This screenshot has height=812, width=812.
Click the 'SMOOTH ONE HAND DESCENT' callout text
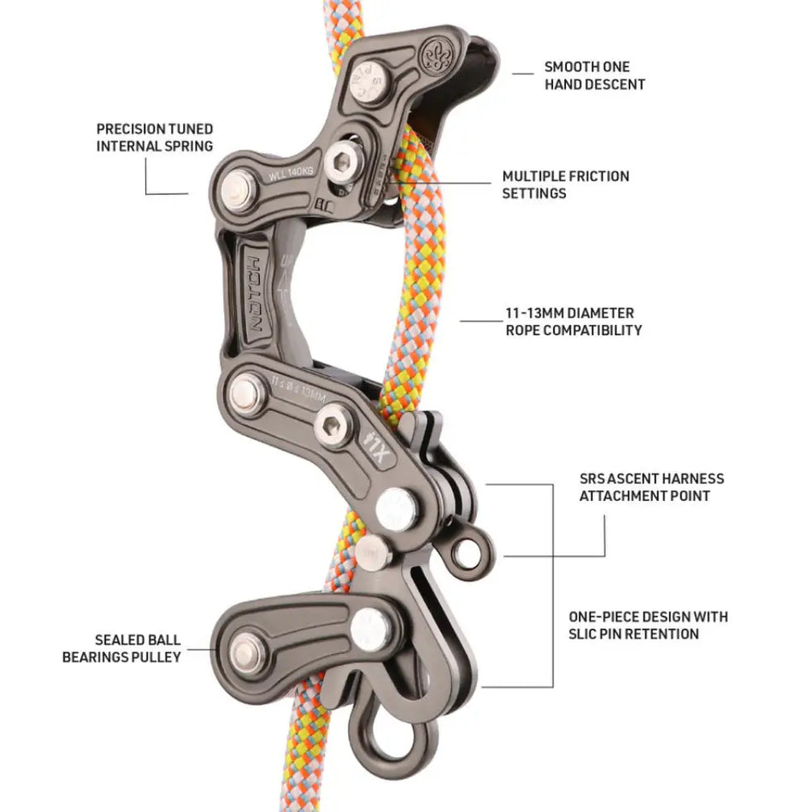(594, 75)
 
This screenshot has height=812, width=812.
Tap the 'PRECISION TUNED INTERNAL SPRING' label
(154, 138)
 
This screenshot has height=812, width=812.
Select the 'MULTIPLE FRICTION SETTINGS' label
(565, 185)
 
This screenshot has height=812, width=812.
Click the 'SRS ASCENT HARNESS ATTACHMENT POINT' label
(651, 487)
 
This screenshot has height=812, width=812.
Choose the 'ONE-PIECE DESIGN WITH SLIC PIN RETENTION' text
(648, 625)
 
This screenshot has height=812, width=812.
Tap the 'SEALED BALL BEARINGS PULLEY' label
(121, 649)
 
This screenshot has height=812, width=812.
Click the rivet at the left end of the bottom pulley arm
(245, 655)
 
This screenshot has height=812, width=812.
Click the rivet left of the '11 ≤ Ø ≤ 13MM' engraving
(245, 394)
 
